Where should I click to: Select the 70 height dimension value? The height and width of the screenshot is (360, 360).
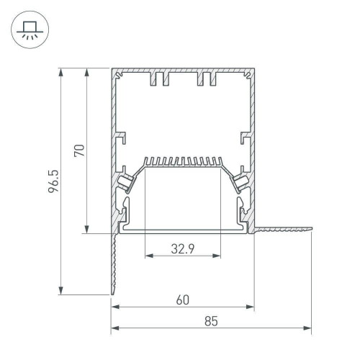point(81,150)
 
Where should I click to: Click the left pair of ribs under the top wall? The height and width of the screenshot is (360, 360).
point(159,78)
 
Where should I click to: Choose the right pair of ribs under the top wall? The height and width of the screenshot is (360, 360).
point(207,78)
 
